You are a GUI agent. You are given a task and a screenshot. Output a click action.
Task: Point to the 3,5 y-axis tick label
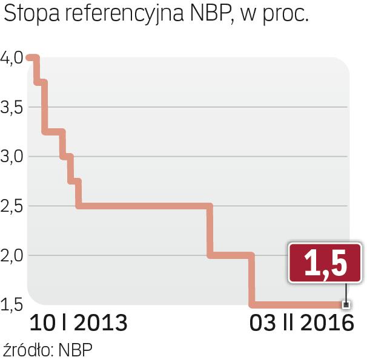click(12, 107)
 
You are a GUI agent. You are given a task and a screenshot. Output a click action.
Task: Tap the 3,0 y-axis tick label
click(12, 157)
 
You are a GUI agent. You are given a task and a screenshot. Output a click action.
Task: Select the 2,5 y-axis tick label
click(12, 206)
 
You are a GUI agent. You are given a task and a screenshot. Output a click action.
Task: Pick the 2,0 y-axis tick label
click(12, 255)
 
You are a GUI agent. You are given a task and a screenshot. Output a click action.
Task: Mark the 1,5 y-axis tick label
click(12, 304)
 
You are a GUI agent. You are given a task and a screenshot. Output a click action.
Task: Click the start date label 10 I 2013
click(79, 322)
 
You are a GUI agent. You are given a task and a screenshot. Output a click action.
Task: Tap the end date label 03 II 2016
click(302, 322)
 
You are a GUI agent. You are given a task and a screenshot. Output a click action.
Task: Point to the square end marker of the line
click(346, 304)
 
